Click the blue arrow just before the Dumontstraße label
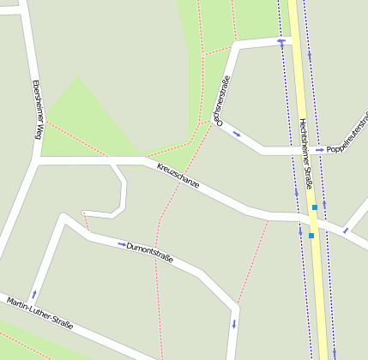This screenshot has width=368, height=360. pyautogui.click(x=121, y=244)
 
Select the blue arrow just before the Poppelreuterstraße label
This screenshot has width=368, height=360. pyautogui.click(x=320, y=150)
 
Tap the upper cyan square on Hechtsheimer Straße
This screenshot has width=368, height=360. pyautogui.click(x=315, y=207)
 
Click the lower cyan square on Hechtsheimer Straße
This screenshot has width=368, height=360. pyautogui.click(x=311, y=235)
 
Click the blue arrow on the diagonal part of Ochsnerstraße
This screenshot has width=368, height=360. pyautogui.click(x=237, y=135)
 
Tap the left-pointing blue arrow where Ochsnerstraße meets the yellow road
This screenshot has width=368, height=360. pyautogui.click(x=281, y=39)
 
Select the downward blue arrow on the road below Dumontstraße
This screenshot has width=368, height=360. pyautogui.click(x=232, y=324)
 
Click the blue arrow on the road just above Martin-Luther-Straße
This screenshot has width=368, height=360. pyautogui.click(x=34, y=294)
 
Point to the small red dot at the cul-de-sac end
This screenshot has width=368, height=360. pyautogui.click(x=83, y=212)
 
